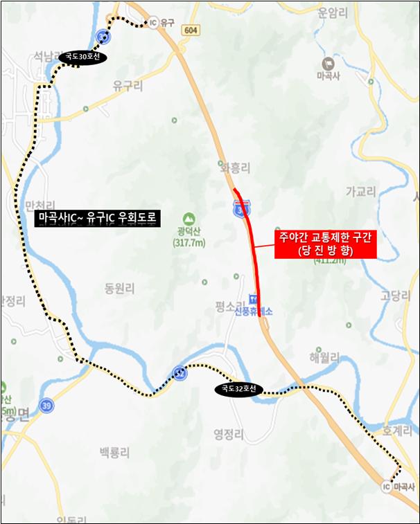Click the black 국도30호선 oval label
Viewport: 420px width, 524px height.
82,57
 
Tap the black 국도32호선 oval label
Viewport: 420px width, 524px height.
238,390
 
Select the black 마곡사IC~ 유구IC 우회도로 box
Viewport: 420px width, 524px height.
98,219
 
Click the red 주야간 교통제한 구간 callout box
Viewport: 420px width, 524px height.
325,244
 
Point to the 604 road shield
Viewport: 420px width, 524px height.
191,31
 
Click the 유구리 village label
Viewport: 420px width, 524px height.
127,86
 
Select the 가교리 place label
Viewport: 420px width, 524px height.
359,191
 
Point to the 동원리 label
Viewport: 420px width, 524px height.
119,288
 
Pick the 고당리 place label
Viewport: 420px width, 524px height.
396,296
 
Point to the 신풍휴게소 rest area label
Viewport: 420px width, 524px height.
253,311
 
